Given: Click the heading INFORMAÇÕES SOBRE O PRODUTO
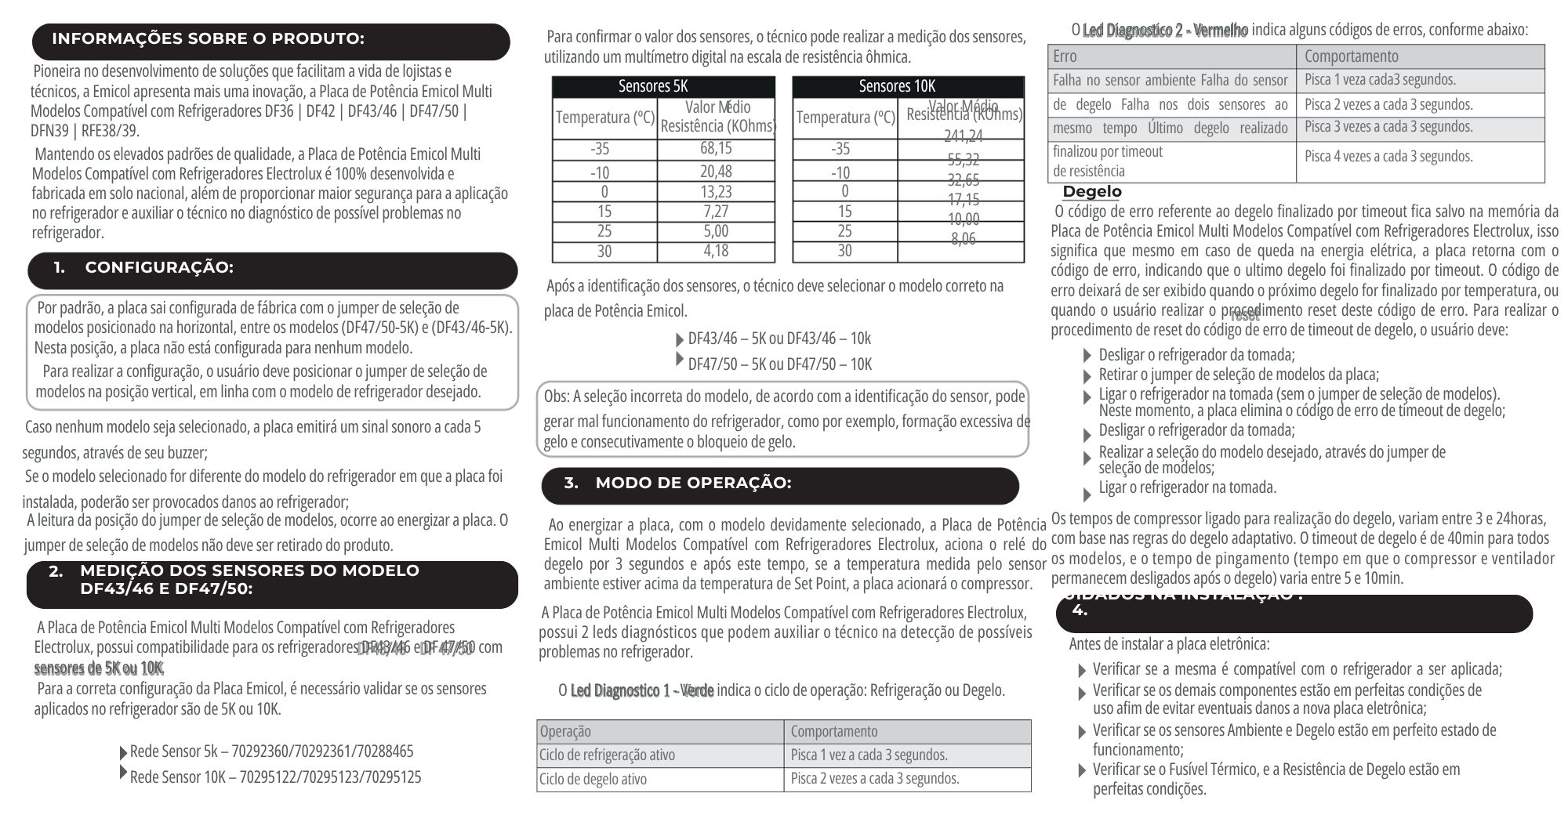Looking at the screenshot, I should (208, 38).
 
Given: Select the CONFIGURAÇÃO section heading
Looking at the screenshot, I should (159, 268).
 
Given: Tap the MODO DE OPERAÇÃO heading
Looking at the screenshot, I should (693, 483).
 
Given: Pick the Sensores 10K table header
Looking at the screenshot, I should (908, 86).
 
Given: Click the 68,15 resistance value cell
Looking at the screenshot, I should (716, 148).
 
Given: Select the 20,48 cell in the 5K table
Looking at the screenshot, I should (716, 172).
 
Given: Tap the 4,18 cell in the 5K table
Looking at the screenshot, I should (716, 251).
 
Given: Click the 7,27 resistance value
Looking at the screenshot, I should (716, 212).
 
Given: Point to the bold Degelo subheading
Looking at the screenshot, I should (1092, 192).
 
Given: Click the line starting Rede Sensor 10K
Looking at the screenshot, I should (275, 777).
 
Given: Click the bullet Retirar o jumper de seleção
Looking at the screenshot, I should (1238, 375).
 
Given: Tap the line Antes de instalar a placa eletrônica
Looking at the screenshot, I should (1169, 644).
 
